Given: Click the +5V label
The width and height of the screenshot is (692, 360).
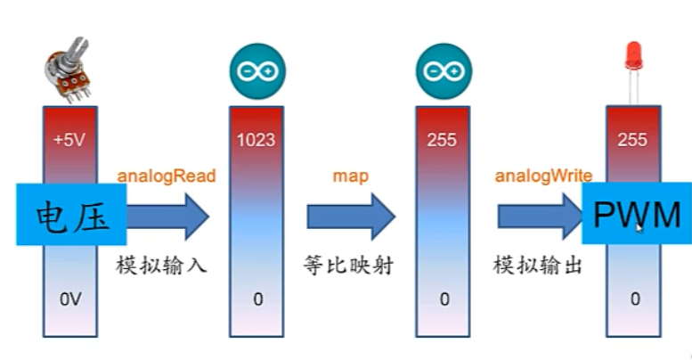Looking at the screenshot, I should point(70,140).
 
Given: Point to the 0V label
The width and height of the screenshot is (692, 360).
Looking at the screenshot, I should point(70,299).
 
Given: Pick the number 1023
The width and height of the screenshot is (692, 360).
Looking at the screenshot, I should point(256,140).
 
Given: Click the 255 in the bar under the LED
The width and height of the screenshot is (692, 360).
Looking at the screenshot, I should point(632,140).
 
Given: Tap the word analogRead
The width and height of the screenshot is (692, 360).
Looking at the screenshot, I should point(167,175).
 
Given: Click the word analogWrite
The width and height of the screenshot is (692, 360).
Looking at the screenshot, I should point(543,175).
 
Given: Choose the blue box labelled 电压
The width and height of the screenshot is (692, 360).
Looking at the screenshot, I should point(70,214).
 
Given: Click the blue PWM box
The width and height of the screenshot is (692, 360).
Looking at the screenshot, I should point(636,214).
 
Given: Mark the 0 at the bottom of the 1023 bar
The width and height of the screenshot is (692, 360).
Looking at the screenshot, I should point(258,299).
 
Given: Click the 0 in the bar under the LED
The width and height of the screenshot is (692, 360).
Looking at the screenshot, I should point(634,299).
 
